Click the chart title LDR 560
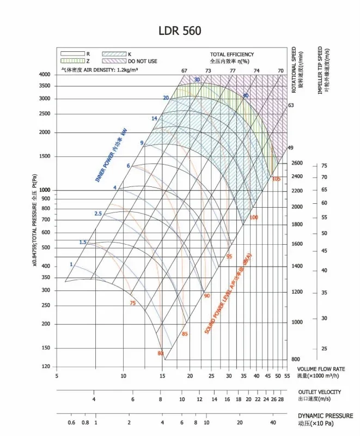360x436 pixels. [180, 31]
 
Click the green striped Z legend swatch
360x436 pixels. [72, 61]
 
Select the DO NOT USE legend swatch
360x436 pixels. [114, 61]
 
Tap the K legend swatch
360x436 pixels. [114, 54]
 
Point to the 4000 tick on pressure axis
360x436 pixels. [44, 74]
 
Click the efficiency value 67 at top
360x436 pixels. [184, 71]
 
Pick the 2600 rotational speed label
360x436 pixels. [297, 163]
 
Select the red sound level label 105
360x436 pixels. [276, 179]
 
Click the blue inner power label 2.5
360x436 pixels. [98, 213]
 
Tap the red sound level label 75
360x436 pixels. [132, 303]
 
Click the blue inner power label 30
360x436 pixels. [197, 80]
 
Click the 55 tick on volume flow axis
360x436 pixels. [286, 376]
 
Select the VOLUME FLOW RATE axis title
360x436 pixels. [321, 369]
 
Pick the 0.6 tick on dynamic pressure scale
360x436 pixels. [71, 422]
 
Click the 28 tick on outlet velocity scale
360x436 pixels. [281, 399]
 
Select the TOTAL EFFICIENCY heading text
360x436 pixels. [232, 55]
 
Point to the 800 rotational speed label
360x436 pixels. [295, 360]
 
